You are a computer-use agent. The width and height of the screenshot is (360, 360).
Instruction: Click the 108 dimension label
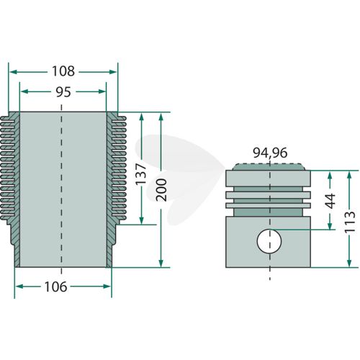click(x=63, y=71)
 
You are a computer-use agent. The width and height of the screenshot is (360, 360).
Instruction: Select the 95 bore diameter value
click(x=63, y=92)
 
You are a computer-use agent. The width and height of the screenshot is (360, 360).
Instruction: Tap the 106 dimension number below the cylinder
click(x=55, y=287)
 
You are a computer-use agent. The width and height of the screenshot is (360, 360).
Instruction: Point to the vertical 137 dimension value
click(x=141, y=174)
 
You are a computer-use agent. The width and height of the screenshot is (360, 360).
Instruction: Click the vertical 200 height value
click(x=161, y=190)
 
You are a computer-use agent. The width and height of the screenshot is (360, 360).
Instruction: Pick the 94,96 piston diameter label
click(x=270, y=153)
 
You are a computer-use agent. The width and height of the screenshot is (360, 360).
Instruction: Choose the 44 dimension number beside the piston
click(x=330, y=201)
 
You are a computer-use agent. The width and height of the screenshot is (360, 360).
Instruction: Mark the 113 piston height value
click(x=349, y=221)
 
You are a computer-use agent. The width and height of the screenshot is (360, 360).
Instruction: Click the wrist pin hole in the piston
click(x=269, y=241)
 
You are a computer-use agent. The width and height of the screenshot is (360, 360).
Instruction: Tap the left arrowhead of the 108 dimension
click(x=13, y=72)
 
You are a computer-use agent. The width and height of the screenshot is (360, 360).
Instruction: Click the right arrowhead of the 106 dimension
click(x=107, y=287)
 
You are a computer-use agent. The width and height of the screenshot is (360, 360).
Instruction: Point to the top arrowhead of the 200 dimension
click(x=161, y=117)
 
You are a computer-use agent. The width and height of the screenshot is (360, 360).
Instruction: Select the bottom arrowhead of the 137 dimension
click(x=141, y=220)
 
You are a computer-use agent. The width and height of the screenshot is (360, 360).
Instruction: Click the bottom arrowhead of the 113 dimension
click(x=349, y=263)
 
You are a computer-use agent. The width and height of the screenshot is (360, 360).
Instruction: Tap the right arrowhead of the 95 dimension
click(x=102, y=91)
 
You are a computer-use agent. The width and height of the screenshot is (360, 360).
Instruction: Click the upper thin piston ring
click(x=268, y=194)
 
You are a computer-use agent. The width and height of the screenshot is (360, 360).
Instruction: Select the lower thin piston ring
click(x=268, y=205)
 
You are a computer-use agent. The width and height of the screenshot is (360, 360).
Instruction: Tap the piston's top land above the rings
click(x=268, y=179)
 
